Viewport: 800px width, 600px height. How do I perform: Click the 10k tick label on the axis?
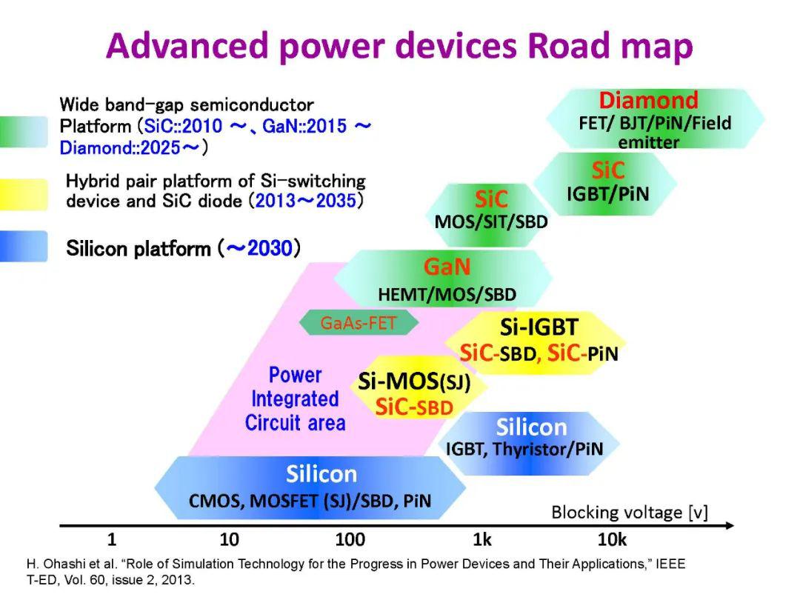point(613,539)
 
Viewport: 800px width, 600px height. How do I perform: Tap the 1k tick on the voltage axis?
point(482,539)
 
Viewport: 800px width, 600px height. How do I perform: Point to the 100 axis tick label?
point(350,539)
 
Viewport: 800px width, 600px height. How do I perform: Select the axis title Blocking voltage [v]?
point(630,513)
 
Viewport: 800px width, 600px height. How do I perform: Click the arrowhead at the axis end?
point(730,525)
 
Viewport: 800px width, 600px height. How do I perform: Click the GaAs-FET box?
point(359,322)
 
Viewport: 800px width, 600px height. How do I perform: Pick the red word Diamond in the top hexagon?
point(648,101)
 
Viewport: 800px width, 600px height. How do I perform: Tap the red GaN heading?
point(447,267)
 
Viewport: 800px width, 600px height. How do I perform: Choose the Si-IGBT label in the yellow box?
point(539,327)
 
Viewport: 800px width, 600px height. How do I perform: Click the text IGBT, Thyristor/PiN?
point(524,449)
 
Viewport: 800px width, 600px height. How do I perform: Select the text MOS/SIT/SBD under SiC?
point(491,222)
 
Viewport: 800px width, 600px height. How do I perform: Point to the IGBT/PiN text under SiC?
point(607,194)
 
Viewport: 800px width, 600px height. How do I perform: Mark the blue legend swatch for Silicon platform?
point(24,247)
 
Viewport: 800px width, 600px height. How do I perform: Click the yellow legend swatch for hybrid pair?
point(24,194)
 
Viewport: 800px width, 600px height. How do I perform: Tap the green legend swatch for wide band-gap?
point(24,132)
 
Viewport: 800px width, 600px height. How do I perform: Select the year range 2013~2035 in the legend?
point(305,201)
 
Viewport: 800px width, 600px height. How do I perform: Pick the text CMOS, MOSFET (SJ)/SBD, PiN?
point(310,501)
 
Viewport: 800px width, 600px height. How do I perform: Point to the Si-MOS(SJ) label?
point(414,381)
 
